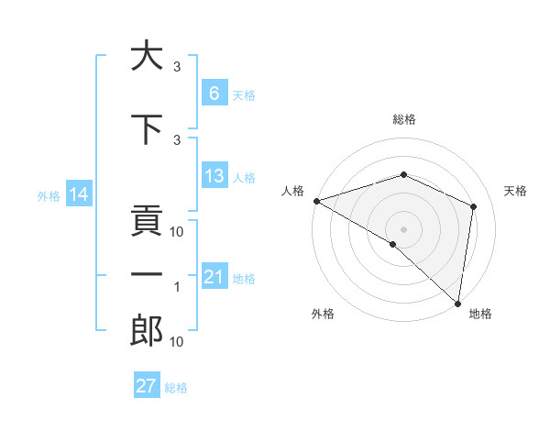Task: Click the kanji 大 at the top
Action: click(147, 56)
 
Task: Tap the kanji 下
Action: click(147, 129)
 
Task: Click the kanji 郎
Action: click(147, 331)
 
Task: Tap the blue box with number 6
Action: click(214, 93)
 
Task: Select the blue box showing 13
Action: click(214, 176)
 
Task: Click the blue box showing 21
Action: click(214, 277)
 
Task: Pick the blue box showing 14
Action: click(78, 194)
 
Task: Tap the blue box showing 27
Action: click(147, 386)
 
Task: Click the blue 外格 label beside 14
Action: click(49, 195)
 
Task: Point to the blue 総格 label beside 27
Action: click(176, 388)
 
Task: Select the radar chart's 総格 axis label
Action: click(403, 119)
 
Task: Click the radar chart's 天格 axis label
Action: click(516, 191)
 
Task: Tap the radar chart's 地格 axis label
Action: click(480, 315)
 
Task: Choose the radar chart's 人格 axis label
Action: click(293, 191)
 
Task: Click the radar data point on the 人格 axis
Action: click(316, 201)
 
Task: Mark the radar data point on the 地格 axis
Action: click(457, 303)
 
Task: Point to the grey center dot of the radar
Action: click(403, 228)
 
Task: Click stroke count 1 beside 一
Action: click(177, 287)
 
